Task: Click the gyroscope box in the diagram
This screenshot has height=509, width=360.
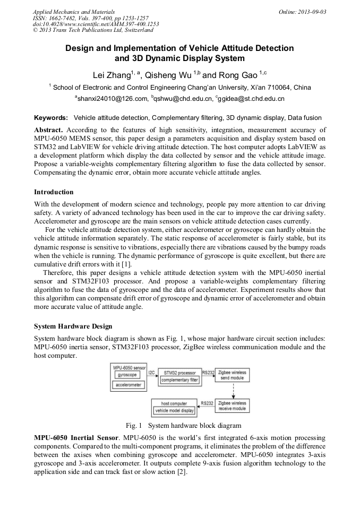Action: click(x=127, y=375)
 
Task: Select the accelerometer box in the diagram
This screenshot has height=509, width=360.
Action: click(x=129, y=385)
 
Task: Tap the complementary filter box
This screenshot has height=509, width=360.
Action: click(x=179, y=380)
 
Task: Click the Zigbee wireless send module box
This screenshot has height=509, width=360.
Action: click(x=232, y=376)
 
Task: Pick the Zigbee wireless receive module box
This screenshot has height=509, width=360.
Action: click(x=232, y=407)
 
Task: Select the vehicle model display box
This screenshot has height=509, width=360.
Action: click(x=174, y=411)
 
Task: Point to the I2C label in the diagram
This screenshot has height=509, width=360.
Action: click(x=151, y=373)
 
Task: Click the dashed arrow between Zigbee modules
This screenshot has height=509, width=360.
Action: click(x=232, y=392)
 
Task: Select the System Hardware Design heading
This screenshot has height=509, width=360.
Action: click(x=73, y=326)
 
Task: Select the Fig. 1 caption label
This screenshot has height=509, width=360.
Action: click(x=134, y=426)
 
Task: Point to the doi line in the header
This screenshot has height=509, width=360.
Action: click(x=95, y=24)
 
